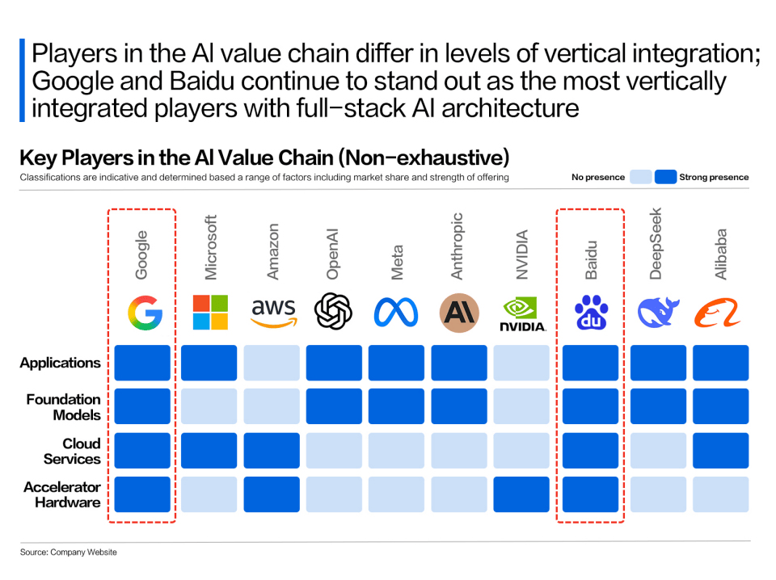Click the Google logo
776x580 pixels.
(145, 313)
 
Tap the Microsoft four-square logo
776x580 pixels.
(210, 313)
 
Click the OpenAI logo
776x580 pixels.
(333, 312)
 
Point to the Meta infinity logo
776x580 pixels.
(396, 313)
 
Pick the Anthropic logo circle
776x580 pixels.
(458, 313)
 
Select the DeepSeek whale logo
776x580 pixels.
(658, 313)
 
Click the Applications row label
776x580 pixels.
(61, 363)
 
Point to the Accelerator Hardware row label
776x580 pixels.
(62, 494)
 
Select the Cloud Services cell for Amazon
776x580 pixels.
(272, 451)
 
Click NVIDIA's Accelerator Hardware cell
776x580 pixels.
(521, 494)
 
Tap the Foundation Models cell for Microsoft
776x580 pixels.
(209, 406)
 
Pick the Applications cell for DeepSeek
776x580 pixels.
(658, 363)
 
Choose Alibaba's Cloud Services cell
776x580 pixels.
(720, 451)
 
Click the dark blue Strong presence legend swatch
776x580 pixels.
(665, 177)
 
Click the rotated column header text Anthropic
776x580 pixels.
(458, 246)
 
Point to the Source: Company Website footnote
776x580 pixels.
(69, 553)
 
